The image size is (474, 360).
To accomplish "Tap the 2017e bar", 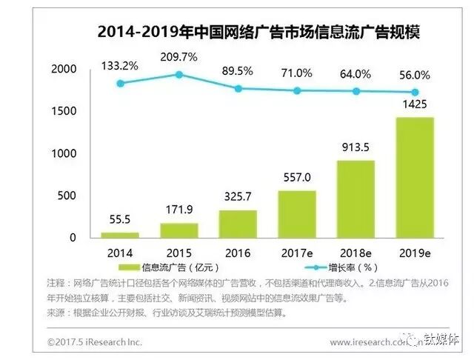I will point(297,214).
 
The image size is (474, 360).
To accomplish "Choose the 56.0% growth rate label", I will point(415,75).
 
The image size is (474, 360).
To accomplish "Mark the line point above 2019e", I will point(415,92).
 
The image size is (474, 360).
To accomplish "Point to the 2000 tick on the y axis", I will point(64,69).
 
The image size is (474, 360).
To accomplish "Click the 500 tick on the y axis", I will point(68,196).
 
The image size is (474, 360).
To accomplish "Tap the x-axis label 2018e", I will point(357,251).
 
